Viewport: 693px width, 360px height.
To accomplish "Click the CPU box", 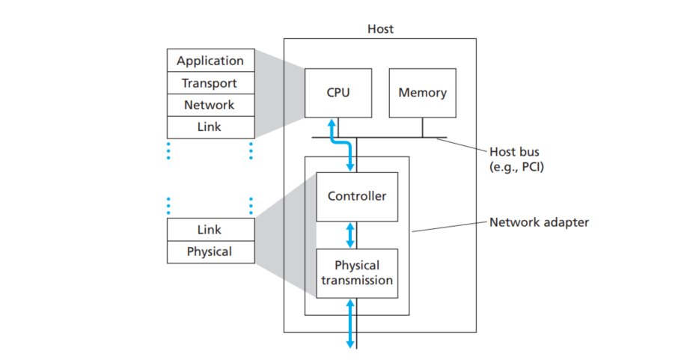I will tap(338, 93).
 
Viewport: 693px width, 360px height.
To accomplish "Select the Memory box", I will tap(422, 93).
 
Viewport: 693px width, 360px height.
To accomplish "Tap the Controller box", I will tap(357, 196).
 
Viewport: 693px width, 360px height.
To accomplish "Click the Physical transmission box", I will tap(357, 273).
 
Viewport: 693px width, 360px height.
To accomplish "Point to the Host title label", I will tap(380, 29).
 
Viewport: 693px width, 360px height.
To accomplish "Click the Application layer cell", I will tap(210, 61).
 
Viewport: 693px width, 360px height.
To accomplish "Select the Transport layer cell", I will tap(210, 83).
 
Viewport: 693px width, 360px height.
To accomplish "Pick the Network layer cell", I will tap(210, 106).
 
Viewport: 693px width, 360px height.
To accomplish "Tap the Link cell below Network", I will tap(210, 127).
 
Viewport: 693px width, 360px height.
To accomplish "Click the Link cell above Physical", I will tap(210, 230).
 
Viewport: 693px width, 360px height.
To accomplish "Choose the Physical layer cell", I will tap(210, 251).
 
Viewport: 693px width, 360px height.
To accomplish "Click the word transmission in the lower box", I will tap(357, 281).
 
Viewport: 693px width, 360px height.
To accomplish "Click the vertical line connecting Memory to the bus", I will tap(422, 127).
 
